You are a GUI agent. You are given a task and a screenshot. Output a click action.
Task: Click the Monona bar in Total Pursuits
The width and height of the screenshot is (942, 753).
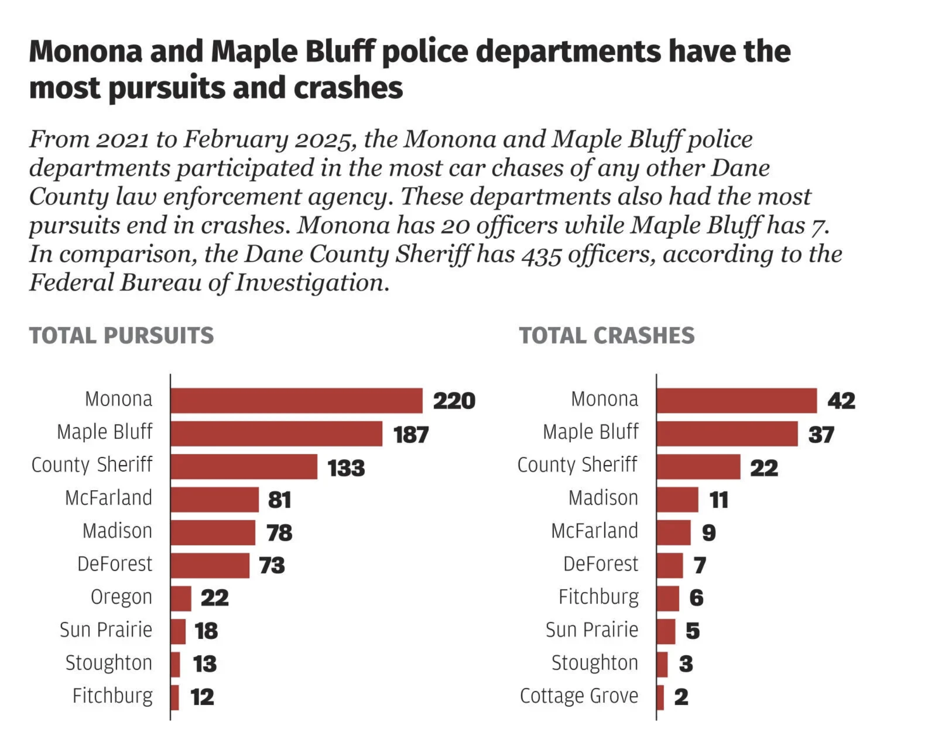296,400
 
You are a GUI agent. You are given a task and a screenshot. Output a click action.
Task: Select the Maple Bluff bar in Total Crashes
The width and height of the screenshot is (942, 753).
726,433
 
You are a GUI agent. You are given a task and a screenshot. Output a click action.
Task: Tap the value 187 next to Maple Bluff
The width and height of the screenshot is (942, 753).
411,434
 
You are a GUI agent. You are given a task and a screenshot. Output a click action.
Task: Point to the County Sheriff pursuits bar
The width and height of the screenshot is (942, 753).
244,467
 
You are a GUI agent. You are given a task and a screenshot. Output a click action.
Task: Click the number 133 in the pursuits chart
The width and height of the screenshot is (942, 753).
346,468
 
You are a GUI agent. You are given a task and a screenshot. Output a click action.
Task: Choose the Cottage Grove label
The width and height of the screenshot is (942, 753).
579,696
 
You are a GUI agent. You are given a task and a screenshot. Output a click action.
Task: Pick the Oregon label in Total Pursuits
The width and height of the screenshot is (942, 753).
121,597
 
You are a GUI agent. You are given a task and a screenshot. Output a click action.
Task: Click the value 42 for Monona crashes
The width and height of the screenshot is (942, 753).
841,400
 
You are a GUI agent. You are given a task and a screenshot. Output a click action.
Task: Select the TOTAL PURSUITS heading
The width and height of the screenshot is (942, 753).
121,336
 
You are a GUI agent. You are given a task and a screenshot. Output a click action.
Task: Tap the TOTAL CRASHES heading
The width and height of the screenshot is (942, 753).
606,336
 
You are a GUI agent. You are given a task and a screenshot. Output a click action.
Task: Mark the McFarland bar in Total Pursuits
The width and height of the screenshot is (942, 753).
214,499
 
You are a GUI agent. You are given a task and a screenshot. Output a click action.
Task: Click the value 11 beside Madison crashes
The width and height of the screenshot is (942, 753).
718,499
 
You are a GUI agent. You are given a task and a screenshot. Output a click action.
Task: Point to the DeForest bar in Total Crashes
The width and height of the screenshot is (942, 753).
670,565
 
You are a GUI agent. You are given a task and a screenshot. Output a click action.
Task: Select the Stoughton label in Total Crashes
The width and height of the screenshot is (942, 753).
595,663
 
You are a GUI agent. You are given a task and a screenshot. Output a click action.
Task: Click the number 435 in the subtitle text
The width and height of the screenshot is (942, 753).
541,255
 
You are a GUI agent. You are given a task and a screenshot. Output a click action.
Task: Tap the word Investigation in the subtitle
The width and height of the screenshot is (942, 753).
312,283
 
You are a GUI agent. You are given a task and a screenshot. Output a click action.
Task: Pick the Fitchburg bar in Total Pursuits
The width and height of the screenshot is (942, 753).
175,697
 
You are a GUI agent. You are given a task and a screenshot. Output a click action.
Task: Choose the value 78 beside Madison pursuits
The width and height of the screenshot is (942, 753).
279,533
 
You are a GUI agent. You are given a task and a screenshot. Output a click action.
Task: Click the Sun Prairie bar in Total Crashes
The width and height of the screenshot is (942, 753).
666,631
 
